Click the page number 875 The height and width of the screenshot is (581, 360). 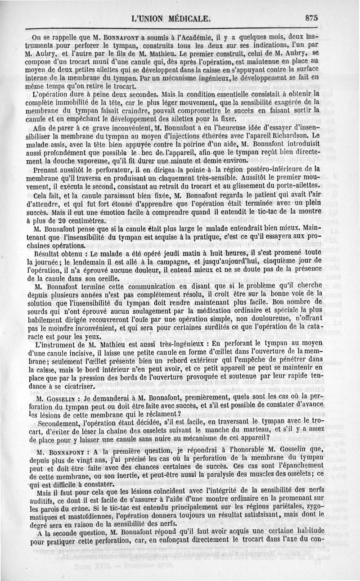(310, 18)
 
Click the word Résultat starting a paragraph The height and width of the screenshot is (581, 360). (47, 255)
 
